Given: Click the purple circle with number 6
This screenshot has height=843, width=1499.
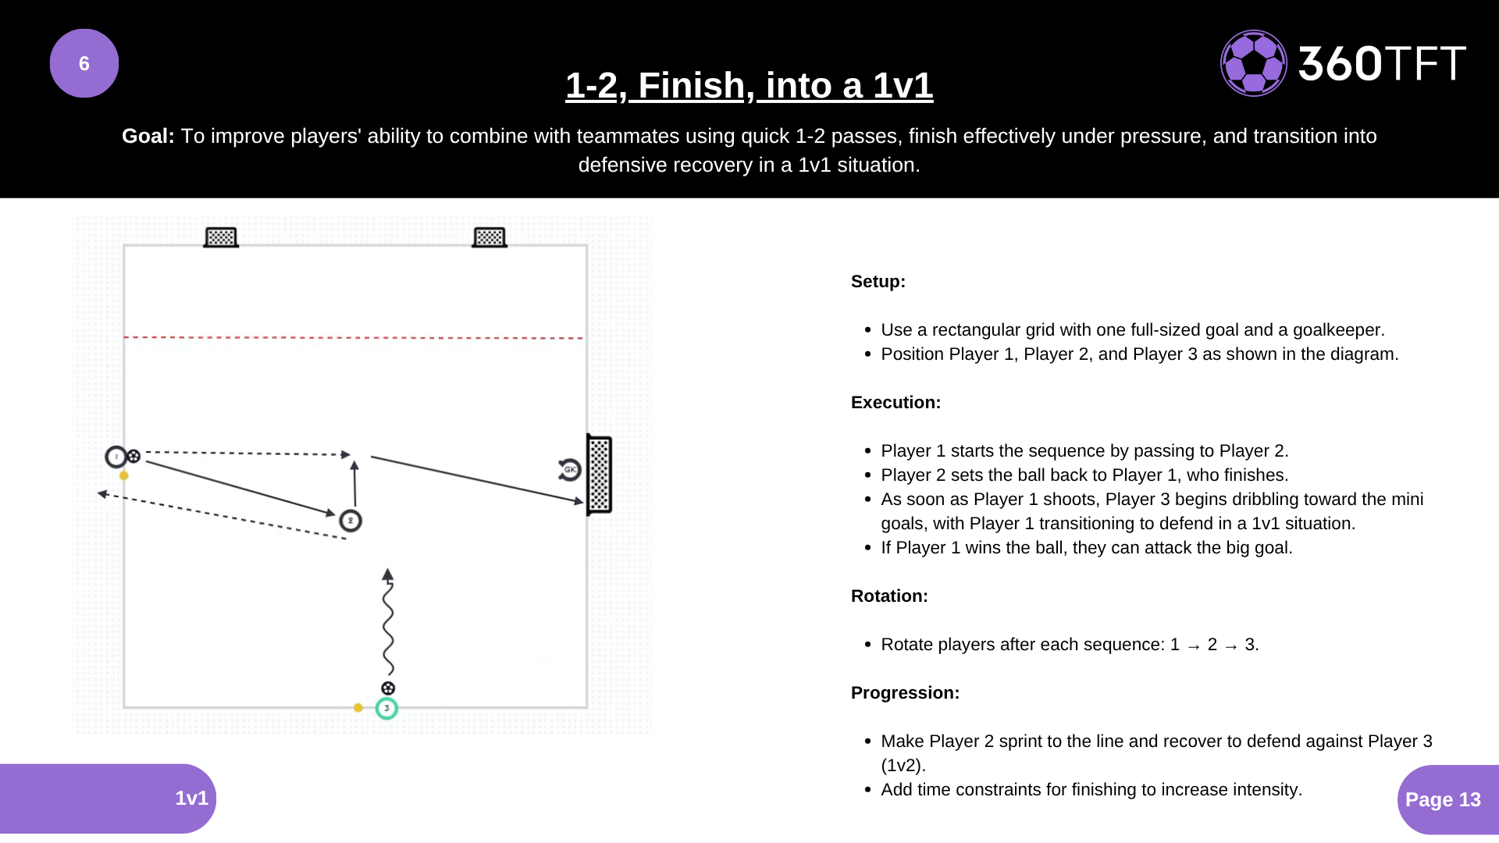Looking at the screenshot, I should pyautogui.click(x=84, y=63).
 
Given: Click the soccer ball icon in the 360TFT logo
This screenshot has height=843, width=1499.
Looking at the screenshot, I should pyautogui.click(x=1253, y=63).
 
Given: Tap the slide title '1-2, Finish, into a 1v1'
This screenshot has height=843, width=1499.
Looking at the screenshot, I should pyautogui.click(x=749, y=85).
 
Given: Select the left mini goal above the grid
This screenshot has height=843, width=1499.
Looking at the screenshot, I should pyautogui.click(x=221, y=237).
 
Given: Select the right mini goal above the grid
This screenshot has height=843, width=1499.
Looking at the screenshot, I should pyautogui.click(x=490, y=237).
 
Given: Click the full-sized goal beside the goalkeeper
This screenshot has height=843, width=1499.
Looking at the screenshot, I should pyautogui.click(x=599, y=475).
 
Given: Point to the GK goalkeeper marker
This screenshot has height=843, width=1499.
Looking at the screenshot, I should pyautogui.click(x=570, y=469).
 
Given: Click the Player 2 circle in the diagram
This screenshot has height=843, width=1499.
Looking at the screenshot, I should pyautogui.click(x=351, y=521).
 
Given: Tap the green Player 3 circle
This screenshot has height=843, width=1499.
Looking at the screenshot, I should pyautogui.click(x=386, y=708).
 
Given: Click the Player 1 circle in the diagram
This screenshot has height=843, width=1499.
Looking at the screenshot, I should pyautogui.click(x=116, y=457).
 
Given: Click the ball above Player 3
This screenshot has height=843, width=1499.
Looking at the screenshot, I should pyautogui.click(x=388, y=688).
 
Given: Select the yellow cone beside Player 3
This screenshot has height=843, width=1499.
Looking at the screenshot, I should pyautogui.click(x=358, y=708).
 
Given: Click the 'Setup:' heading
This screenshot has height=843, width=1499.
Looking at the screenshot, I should pyautogui.click(x=878, y=281).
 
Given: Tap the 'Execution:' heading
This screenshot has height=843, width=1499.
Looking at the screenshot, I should pyautogui.click(x=895, y=402).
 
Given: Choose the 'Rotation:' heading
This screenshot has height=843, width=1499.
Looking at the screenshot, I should pyautogui.click(x=889, y=596).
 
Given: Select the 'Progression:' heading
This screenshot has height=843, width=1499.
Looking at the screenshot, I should pyautogui.click(x=905, y=692).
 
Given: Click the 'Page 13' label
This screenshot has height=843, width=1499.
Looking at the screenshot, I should pyautogui.click(x=1443, y=799).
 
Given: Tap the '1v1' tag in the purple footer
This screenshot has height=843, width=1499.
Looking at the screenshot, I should pyautogui.click(x=191, y=798).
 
